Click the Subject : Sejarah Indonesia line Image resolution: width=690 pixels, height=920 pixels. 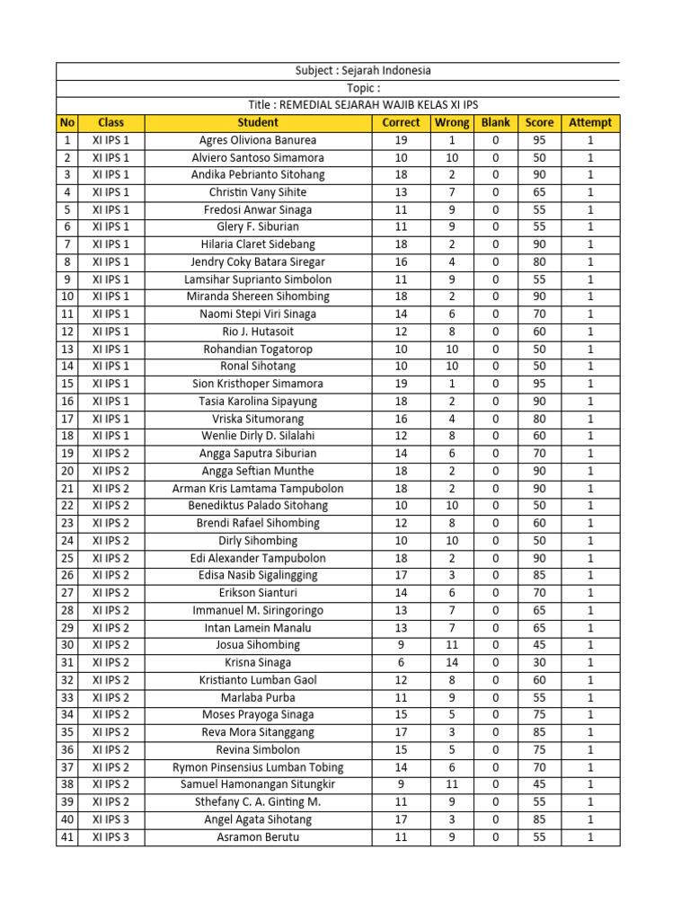click(363, 71)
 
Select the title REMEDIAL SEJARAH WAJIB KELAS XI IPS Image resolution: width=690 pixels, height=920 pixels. click(363, 105)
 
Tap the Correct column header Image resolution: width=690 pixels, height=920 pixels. click(401, 122)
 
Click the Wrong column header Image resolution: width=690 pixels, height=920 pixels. click(452, 122)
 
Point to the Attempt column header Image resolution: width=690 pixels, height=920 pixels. click(590, 122)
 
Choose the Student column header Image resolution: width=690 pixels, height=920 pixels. click(258, 122)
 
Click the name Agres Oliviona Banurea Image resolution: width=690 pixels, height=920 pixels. click(258, 140)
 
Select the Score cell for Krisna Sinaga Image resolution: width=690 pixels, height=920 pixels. click(539, 662)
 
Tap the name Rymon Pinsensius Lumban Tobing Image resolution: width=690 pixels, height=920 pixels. click(258, 767)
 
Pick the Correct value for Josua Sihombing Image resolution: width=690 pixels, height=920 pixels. click(401, 645)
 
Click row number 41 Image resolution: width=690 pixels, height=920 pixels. click(66, 836)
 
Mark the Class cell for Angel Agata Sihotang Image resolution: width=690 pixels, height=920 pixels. click(111, 819)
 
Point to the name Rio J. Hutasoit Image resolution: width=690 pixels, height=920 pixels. click(258, 332)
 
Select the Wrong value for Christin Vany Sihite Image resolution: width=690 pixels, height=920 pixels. click(452, 192)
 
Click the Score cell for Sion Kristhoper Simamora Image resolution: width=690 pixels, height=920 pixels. click(539, 384)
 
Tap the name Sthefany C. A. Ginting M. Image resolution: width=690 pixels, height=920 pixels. click(258, 801)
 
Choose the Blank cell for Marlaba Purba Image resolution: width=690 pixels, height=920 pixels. click(495, 697)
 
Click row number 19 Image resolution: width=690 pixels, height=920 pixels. click(66, 454)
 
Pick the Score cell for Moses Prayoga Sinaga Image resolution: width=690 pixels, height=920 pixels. click(539, 714)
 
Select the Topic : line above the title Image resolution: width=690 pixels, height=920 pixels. click(363, 88)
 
